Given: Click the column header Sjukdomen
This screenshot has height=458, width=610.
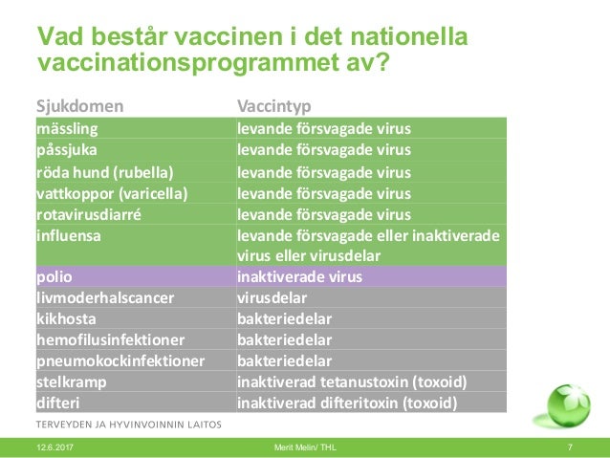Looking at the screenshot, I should coord(79,104).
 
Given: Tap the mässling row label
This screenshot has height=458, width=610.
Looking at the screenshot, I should coord(67,127).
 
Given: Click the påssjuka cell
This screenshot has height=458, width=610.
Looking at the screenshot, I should coord(67,149).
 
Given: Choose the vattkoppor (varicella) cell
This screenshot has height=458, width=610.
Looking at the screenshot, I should coord(112,193).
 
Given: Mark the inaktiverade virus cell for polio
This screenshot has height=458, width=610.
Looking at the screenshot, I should coord(299,276).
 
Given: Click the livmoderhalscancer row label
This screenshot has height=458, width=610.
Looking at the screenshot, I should coord(105,297).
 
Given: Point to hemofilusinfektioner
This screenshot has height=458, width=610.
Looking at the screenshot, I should coord(110,339).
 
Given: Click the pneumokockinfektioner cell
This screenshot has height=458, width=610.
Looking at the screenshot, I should coord(120,360).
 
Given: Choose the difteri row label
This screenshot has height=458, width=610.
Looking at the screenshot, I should coord(59,403).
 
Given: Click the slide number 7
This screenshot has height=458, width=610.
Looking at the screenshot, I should coord(570,447).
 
